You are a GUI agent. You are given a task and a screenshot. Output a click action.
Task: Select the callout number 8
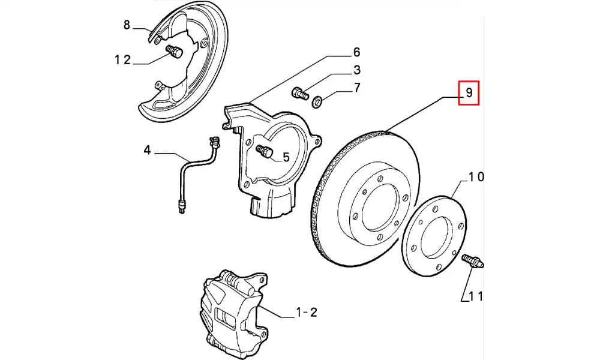click(x=127, y=25)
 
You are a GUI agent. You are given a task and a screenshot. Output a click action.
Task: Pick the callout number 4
click(x=147, y=150)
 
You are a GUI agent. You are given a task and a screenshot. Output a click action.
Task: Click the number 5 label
click(x=286, y=157)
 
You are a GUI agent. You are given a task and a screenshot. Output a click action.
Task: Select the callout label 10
click(x=476, y=176)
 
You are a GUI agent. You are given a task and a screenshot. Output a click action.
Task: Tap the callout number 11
click(x=476, y=296)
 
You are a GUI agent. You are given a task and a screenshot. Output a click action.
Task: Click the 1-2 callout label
click(x=306, y=312)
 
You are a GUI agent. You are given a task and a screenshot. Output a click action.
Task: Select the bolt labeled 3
click(x=299, y=93)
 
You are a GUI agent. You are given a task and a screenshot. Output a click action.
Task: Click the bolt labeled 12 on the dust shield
click(x=175, y=52)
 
